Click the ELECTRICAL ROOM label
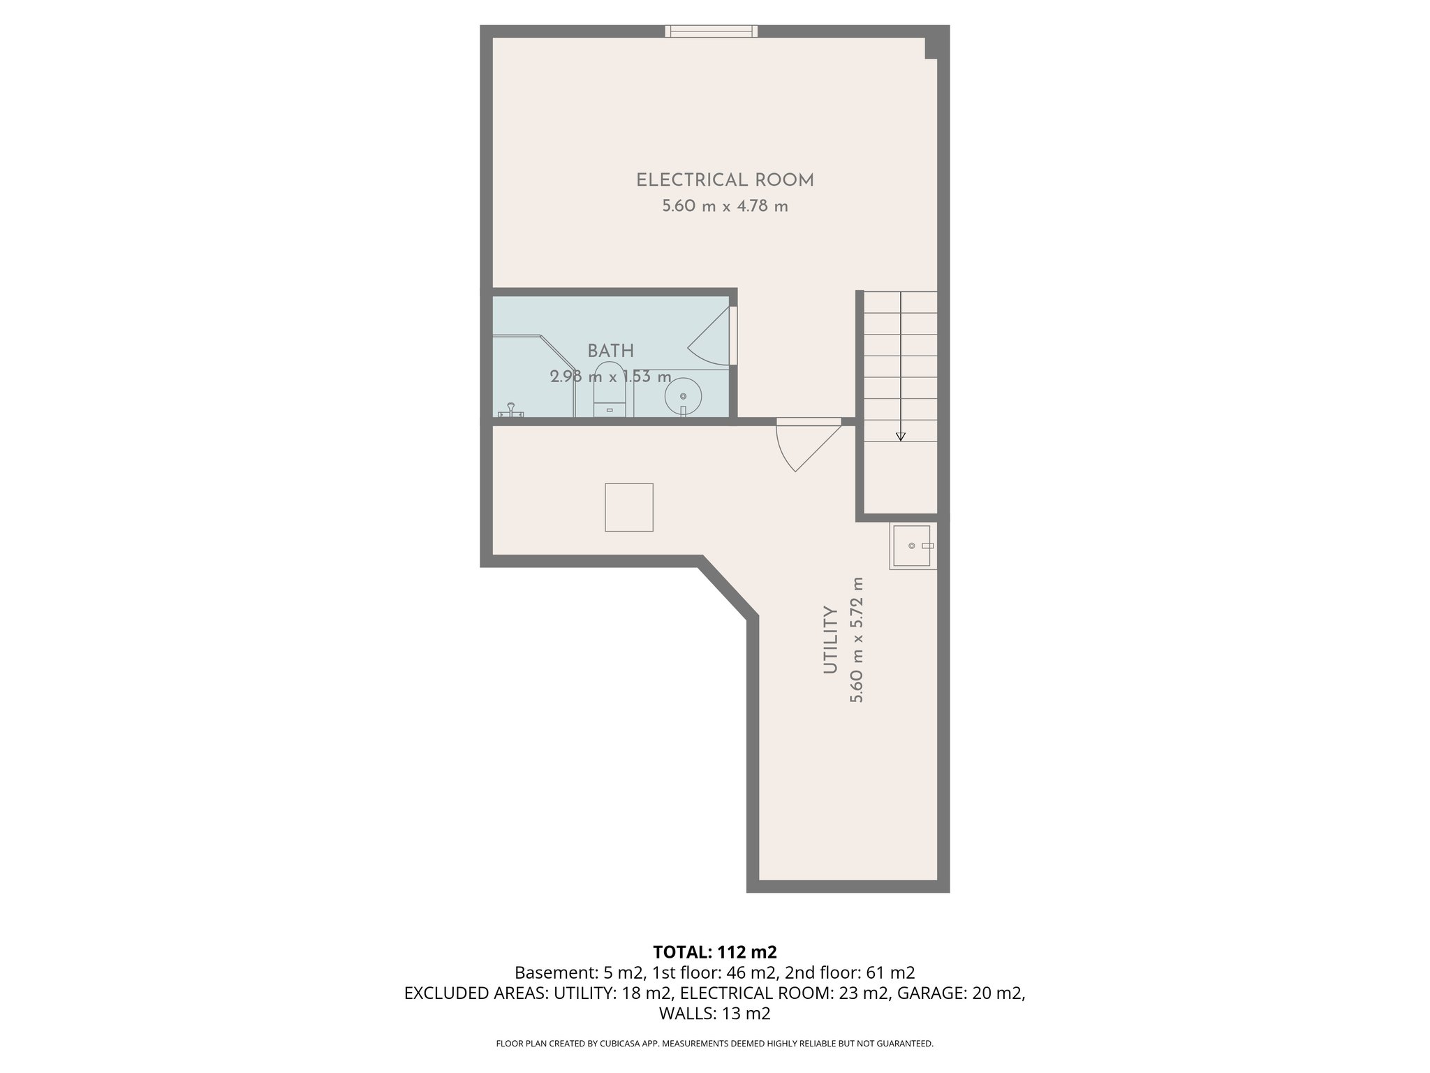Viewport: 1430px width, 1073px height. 725,180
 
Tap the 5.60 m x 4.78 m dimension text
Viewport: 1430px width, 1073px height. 725,207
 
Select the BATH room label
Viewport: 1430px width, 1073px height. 610,351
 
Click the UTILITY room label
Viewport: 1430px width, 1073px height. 830,639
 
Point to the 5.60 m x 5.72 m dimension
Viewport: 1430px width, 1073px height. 857,639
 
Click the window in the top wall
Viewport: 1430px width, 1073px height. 711,31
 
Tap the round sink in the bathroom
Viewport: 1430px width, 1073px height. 682,397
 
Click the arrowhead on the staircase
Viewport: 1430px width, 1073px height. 901,437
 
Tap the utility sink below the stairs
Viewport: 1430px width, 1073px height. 912,546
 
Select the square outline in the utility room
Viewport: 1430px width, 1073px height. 628,507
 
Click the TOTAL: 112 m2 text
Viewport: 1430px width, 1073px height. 714,951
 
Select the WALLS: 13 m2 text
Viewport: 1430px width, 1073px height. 714,1013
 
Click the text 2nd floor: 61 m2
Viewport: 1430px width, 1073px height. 850,972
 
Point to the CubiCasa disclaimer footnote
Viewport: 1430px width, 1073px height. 714,1044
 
